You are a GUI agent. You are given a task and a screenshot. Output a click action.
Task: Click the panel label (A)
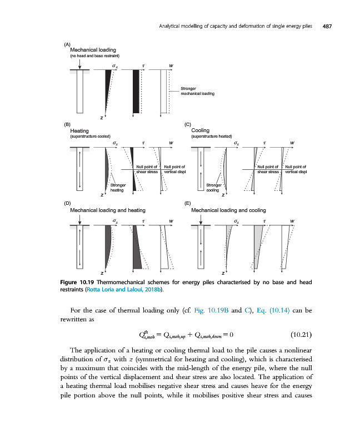point(67,44)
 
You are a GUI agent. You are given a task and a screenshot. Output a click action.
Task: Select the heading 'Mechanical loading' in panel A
point(93,50)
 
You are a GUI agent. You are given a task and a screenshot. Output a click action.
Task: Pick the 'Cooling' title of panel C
point(200,130)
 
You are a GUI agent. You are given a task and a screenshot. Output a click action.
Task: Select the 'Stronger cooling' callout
point(214,187)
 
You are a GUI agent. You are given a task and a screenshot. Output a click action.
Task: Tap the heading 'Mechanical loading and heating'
point(107,210)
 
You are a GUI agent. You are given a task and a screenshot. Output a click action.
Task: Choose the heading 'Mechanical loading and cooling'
point(228,210)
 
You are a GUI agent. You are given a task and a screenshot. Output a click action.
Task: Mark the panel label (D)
point(67,204)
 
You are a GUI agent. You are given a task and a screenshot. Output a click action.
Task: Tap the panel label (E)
point(187,204)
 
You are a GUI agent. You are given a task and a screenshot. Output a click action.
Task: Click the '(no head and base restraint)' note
point(93,56)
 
